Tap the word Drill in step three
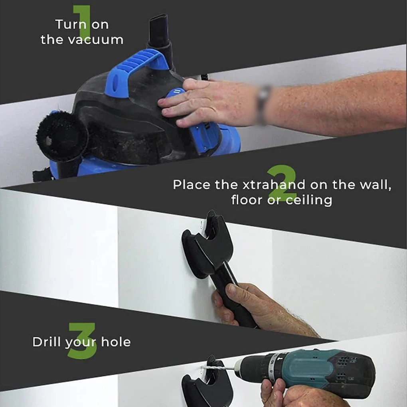tap(47, 342)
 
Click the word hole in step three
tap(116, 342)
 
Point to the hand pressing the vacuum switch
tap(200, 104)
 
